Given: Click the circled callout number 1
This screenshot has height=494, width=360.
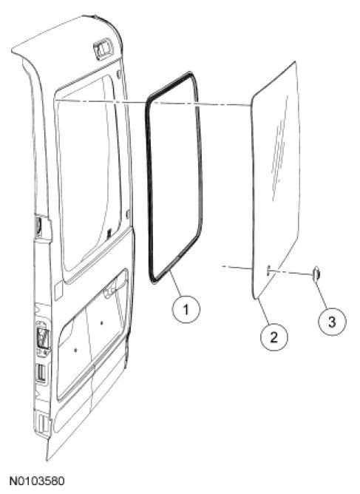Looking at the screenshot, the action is [x=186, y=309].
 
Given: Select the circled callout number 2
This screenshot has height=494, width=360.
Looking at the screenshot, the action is [x=274, y=337].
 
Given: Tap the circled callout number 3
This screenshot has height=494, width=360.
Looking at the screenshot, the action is [x=332, y=322].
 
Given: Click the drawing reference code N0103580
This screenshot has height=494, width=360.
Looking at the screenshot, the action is [x=37, y=481].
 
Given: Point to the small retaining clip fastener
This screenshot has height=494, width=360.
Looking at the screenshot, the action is [x=316, y=273].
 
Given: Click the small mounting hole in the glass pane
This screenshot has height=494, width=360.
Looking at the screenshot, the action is [x=268, y=271].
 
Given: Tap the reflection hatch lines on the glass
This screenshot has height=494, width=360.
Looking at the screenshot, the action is [x=279, y=148].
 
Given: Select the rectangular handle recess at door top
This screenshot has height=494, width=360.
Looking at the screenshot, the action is [x=103, y=49].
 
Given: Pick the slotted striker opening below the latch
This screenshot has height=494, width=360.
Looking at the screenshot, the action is [x=41, y=374].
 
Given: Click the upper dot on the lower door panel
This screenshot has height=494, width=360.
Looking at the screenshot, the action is [x=101, y=322].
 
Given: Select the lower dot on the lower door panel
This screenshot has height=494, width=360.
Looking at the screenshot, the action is [x=75, y=349].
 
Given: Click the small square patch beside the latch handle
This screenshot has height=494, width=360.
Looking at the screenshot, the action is [x=58, y=291].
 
